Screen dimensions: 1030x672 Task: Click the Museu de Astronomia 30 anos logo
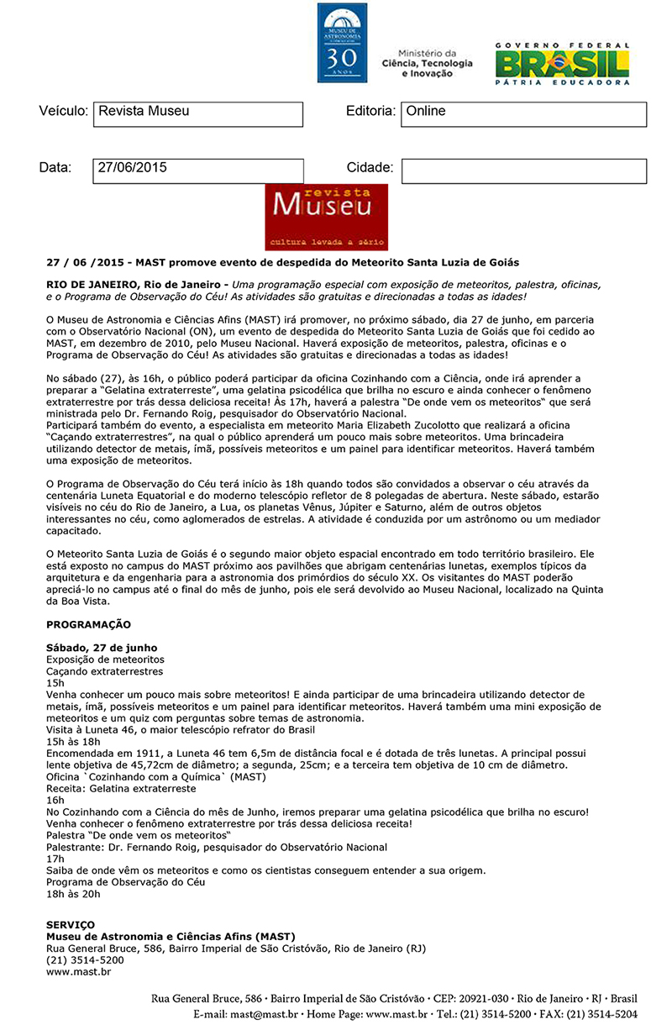click(x=342, y=42)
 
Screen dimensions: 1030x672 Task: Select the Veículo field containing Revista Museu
click(x=197, y=114)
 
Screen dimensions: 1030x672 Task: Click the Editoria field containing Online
click(x=523, y=114)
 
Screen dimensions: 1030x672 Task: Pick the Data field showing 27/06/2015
click(x=197, y=171)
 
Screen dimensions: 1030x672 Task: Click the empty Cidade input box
click(x=523, y=171)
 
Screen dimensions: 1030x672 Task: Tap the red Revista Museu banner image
click(x=326, y=218)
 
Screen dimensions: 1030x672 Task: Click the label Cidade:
click(x=370, y=168)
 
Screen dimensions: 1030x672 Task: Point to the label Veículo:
click(x=63, y=112)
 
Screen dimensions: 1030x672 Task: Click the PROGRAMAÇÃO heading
click(x=88, y=625)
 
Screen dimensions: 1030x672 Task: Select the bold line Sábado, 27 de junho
click(x=101, y=648)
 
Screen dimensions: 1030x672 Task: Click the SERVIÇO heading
click(x=71, y=924)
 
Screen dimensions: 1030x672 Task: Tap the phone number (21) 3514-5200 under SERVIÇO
click(x=85, y=959)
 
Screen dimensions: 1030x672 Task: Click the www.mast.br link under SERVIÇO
click(x=78, y=971)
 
